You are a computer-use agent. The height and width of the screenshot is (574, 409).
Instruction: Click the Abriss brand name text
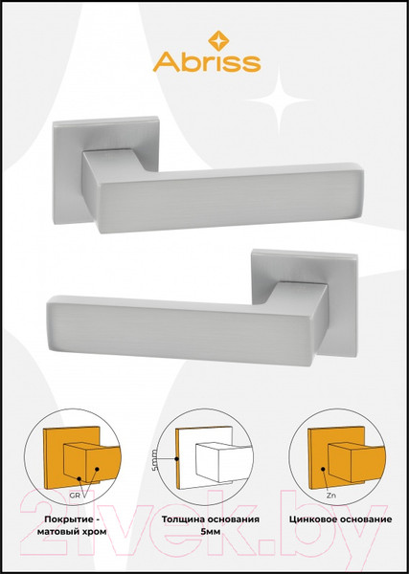[207, 62]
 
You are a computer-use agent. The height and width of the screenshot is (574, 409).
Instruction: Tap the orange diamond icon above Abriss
[218, 40]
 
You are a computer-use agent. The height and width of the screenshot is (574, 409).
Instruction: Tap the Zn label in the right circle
[331, 496]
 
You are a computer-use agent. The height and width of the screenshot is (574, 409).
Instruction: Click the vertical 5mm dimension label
[154, 460]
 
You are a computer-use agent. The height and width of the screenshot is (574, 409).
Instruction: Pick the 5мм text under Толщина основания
[211, 532]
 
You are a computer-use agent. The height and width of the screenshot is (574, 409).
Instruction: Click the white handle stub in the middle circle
[224, 462]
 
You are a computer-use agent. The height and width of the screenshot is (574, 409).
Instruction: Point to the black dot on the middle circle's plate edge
[176, 458]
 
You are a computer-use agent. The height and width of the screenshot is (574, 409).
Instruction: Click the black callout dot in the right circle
[323, 469]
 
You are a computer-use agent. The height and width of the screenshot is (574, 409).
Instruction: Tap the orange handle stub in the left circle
[92, 462]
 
